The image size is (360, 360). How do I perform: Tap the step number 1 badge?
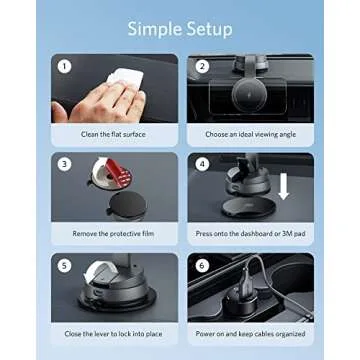(x=63, y=68)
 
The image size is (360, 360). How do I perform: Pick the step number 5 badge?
(x=63, y=264)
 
